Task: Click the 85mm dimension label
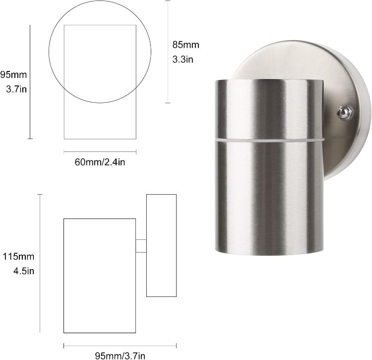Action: coord(186,45)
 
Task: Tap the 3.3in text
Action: coord(183,60)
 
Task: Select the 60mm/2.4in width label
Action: coord(100,162)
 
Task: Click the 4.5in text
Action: coord(23,271)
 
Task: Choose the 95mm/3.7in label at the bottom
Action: coord(120,355)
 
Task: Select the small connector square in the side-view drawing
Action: coord(141,246)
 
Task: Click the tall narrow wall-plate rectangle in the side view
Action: coord(162,245)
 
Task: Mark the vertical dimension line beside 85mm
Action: coord(168,52)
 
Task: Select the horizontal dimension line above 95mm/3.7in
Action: coord(120,345)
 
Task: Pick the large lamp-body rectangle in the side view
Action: coord(100,275)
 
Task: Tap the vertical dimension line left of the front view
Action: coord(30,81)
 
